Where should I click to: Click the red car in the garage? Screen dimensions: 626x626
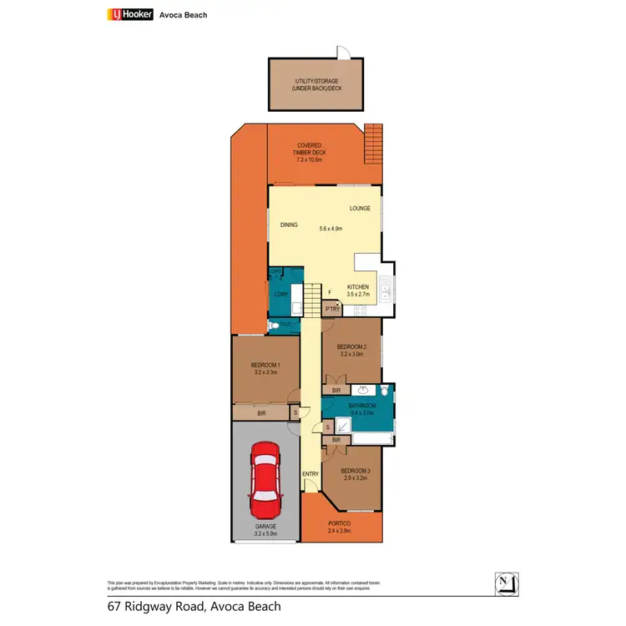[265, 481]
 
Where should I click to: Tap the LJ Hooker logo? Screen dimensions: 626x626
[130, 14]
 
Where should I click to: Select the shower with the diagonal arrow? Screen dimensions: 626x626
[342, 427]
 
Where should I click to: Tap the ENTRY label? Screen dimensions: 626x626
[310, 474]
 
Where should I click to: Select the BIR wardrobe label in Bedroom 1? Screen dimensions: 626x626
[261, 412]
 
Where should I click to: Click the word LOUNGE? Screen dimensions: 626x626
[361, 208]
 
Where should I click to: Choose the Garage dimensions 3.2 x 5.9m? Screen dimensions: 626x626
[265, 533]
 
